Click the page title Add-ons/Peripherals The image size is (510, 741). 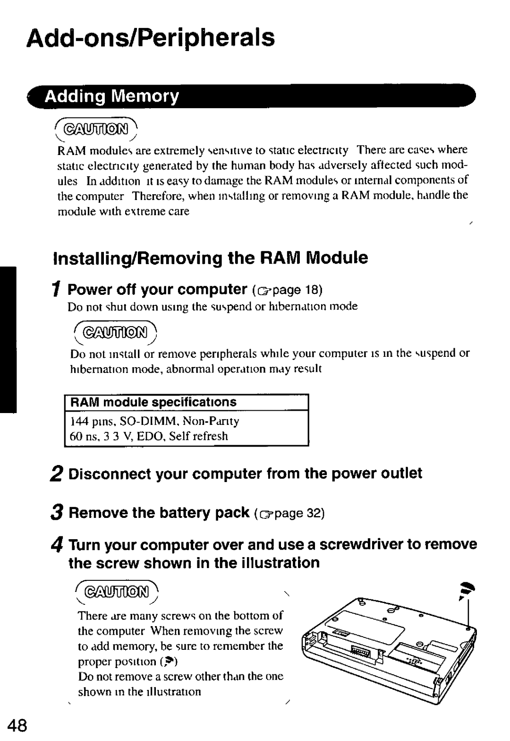click(151, 38)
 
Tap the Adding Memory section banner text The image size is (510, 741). click(112, 96)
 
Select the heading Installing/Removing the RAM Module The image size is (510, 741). click(210, 258)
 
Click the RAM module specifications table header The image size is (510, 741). click(153, 402)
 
